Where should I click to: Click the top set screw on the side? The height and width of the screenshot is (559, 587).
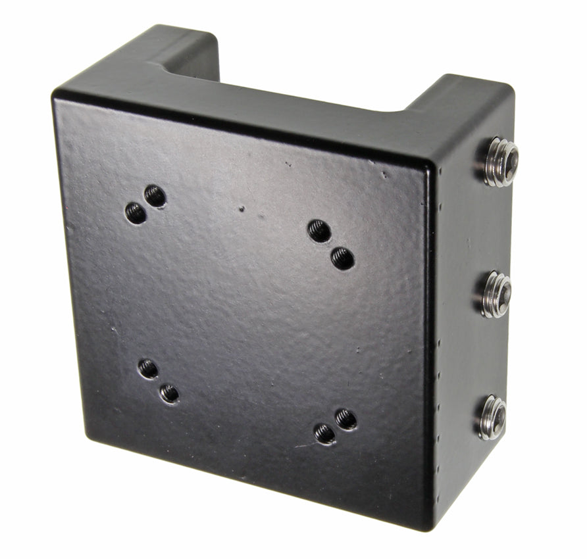(x=498, y=161)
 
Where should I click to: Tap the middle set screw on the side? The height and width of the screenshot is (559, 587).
(x=495, y=294)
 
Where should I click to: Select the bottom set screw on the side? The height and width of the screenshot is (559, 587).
(x=492, y=417)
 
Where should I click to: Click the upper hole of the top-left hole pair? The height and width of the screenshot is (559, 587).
(x=155, y=195)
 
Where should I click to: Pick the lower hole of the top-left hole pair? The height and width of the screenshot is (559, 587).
(x=136, y=212)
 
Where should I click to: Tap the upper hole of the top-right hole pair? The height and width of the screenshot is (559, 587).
(x=319, y=230)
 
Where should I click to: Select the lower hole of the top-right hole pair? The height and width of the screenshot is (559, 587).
(x=342, y=258)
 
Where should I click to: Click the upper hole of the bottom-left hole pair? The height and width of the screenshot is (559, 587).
(x=147, y=368)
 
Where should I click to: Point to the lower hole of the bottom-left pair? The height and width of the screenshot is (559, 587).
(x=169, y=393)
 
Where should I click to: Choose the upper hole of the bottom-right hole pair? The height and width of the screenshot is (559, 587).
(x=345, y=419)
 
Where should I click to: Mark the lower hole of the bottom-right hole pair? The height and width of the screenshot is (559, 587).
(x=324, y=433)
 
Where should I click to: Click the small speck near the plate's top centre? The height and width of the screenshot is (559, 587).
(x=242, y=208)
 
